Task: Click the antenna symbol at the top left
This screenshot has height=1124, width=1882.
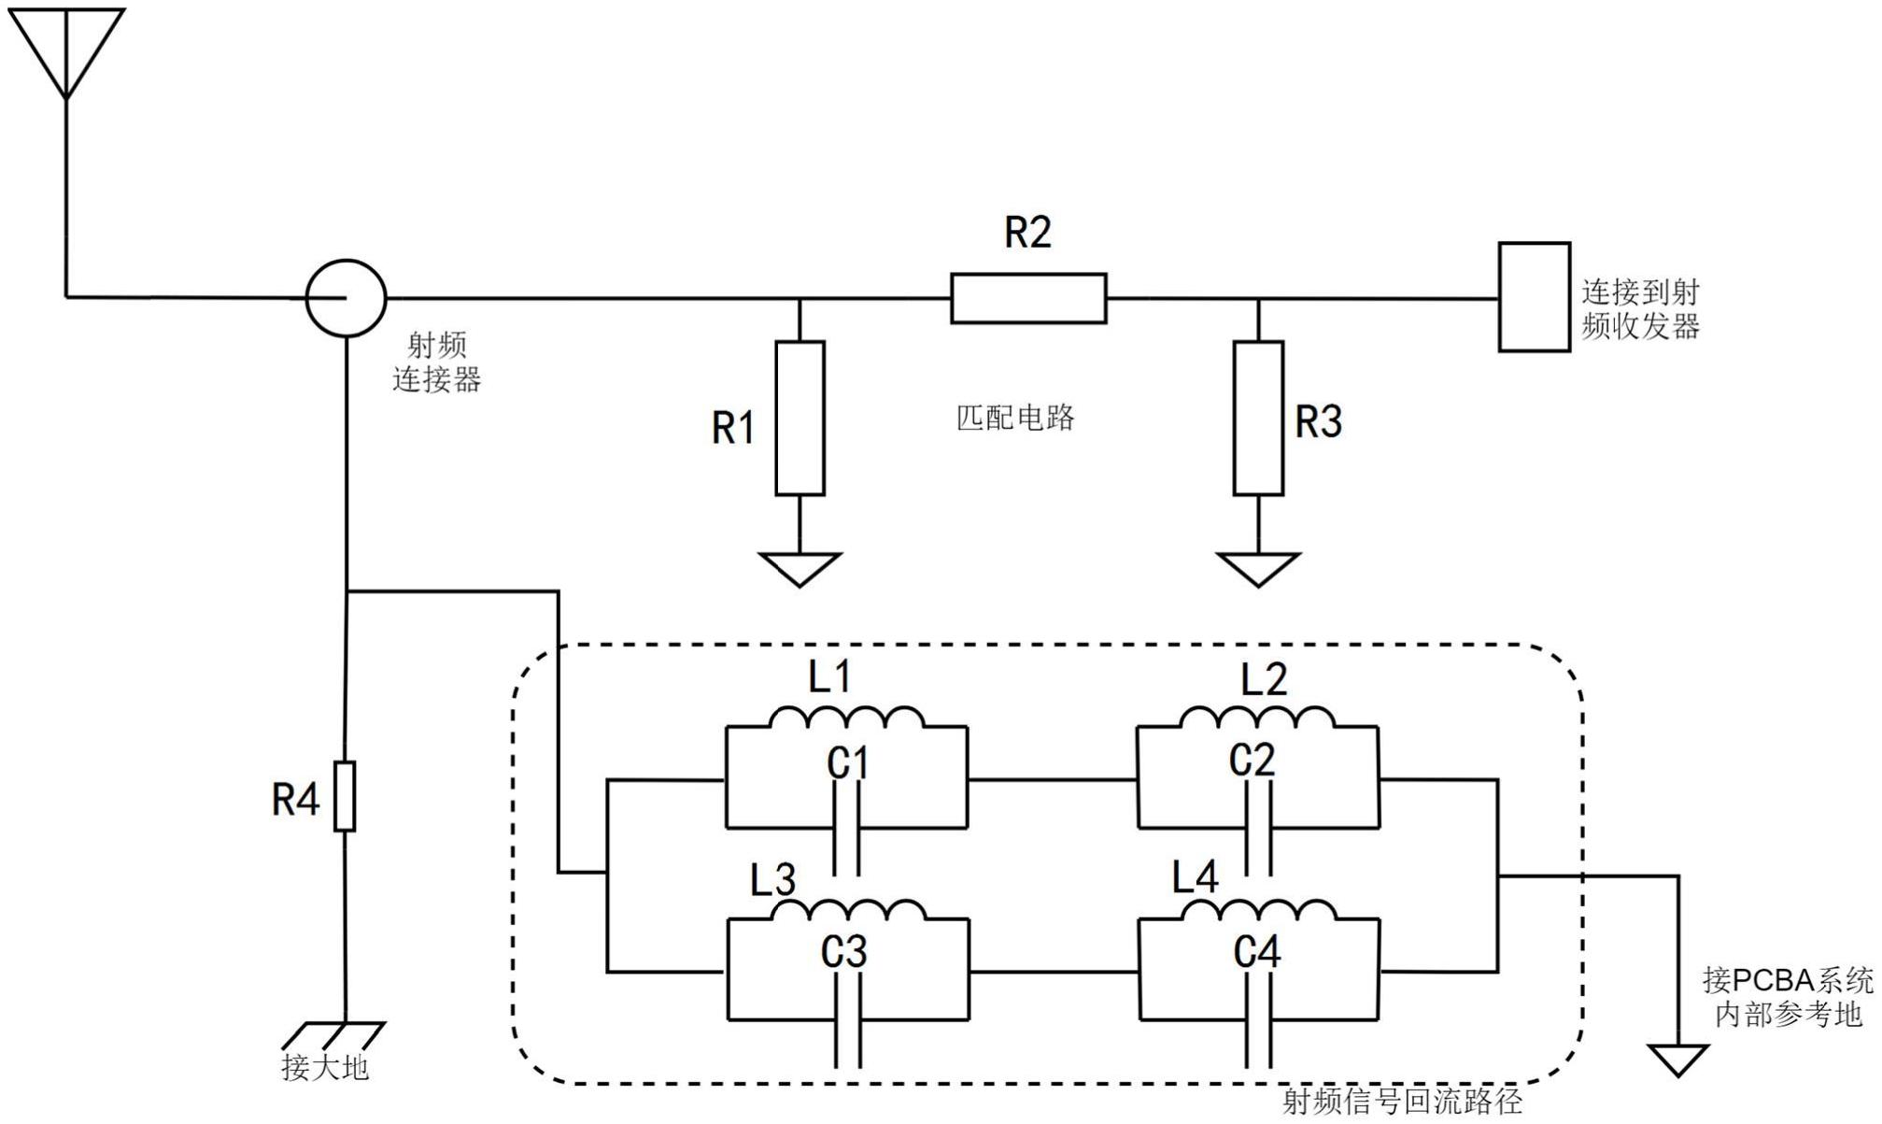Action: click(65, 47)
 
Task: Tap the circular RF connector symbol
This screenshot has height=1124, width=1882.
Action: click(346, 298)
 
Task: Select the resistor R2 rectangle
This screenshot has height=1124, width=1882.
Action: click(1028, 298)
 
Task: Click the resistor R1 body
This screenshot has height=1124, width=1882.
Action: click(799, 418)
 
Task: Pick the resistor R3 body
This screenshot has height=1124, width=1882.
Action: click(1258, 418)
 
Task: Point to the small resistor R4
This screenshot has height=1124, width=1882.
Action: click(345, 796)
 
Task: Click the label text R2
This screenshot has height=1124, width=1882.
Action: click(1027, 232)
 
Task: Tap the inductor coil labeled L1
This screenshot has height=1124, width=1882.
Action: click(846, 718)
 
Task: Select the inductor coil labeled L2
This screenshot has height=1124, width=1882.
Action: click(1256, 718)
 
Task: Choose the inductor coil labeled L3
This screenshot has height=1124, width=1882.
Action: click(848, 910)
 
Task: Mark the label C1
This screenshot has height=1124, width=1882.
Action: click(848, 763)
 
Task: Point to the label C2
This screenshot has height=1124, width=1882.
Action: click(1252, 761)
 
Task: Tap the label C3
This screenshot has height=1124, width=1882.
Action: click(844, 952)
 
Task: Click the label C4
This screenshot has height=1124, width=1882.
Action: click(1256, 952)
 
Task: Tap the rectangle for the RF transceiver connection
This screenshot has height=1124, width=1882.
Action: click(1534, 297)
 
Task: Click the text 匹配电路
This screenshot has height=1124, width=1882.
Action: click(1015, 418)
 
